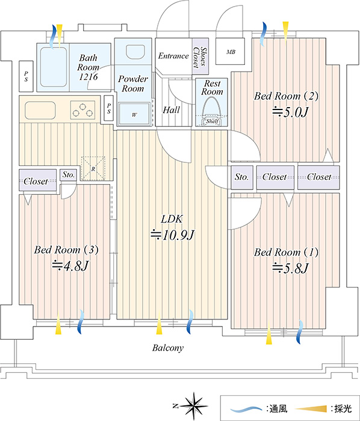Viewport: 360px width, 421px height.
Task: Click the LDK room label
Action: coord(172,219)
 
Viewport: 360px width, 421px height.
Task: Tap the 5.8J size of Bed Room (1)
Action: coord(291,268)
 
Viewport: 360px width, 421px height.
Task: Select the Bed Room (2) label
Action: coord(287,96)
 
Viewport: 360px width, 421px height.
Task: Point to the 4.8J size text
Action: coord(70,266)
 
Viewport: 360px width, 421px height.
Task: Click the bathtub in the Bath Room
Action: coord(54,67)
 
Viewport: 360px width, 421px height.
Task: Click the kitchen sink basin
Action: coord(40,110)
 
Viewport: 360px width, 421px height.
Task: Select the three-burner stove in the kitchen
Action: coord(82,110)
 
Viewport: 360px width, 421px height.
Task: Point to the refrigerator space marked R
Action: coord(93,168)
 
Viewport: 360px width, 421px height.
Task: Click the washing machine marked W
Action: coord(134,114)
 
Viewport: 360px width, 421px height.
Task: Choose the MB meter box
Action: coord(230,52)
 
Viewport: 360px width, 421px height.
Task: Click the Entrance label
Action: coord(173,56)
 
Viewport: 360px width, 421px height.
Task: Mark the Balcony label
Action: coord(168,348)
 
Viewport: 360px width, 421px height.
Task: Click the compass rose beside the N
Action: coord(194,406)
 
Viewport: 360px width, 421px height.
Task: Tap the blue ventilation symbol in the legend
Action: coord(246,409)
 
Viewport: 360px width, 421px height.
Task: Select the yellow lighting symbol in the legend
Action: coord(311,408)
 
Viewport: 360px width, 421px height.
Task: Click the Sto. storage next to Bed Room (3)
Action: coord(69,175)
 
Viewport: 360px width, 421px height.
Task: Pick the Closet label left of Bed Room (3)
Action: coord(36,181)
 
